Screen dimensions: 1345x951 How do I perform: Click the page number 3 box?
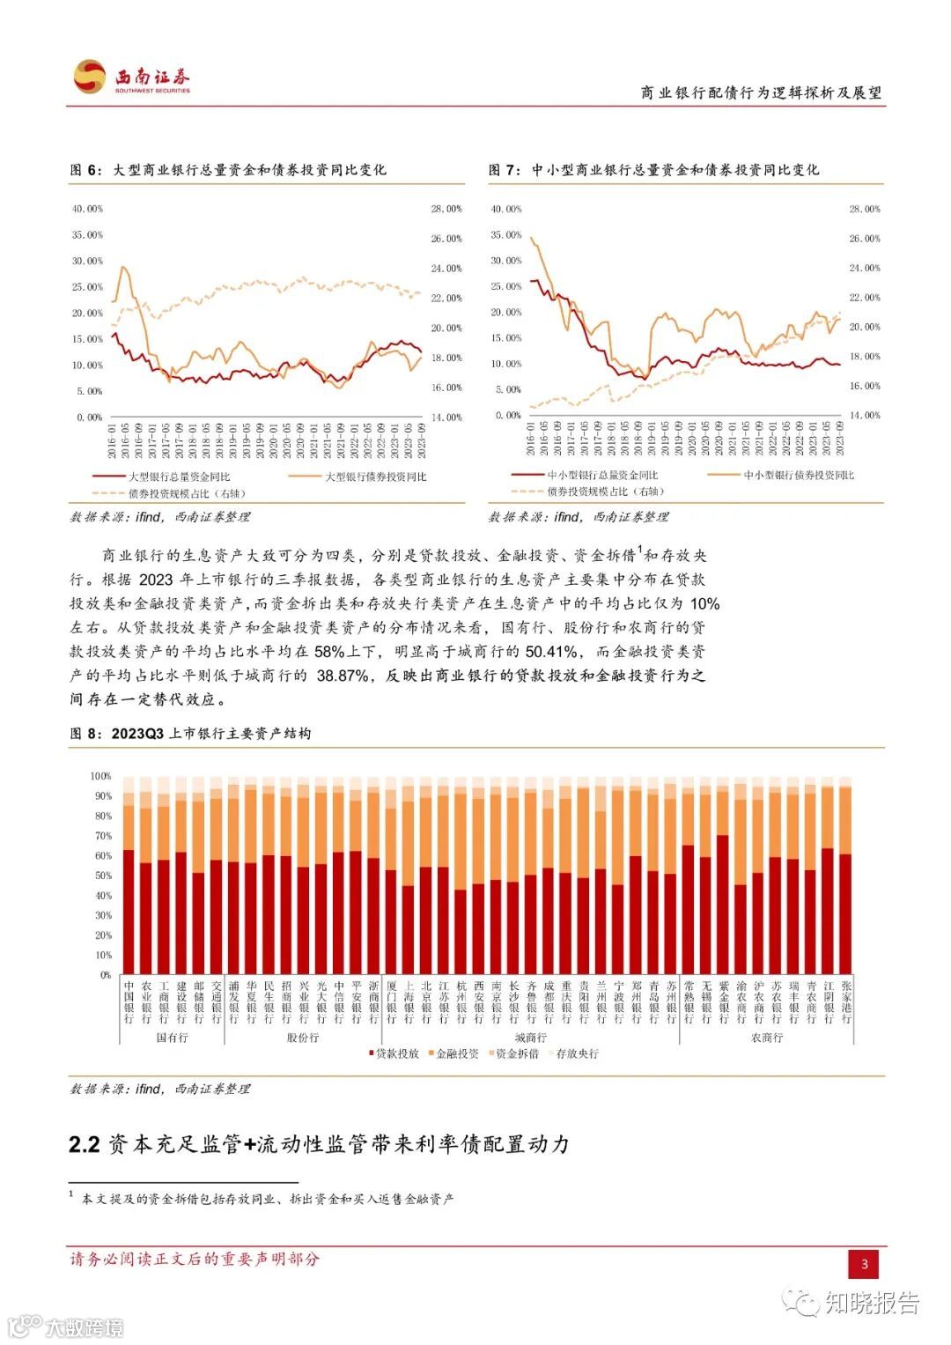click(864, 1264)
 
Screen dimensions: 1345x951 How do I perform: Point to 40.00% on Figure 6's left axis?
click(87, 210)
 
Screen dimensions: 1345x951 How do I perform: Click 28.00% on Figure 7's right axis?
click(865, 210)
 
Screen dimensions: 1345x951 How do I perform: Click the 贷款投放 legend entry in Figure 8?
click(394, 1053)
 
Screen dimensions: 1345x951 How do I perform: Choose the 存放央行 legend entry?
click(573, 1053)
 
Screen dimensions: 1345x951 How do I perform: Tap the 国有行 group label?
click(172, 1038)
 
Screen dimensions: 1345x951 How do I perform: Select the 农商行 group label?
click(767, 1038)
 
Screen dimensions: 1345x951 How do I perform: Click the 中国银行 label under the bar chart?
click(129, 1002)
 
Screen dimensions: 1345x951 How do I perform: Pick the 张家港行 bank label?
click(846, 1002)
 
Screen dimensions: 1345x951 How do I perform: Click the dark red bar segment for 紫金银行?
click(723, 907)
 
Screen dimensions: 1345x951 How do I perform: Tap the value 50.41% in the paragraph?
click(553, 652)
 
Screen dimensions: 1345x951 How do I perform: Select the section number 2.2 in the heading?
click(85, 1144)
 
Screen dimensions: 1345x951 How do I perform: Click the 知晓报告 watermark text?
click(871, 1302)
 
